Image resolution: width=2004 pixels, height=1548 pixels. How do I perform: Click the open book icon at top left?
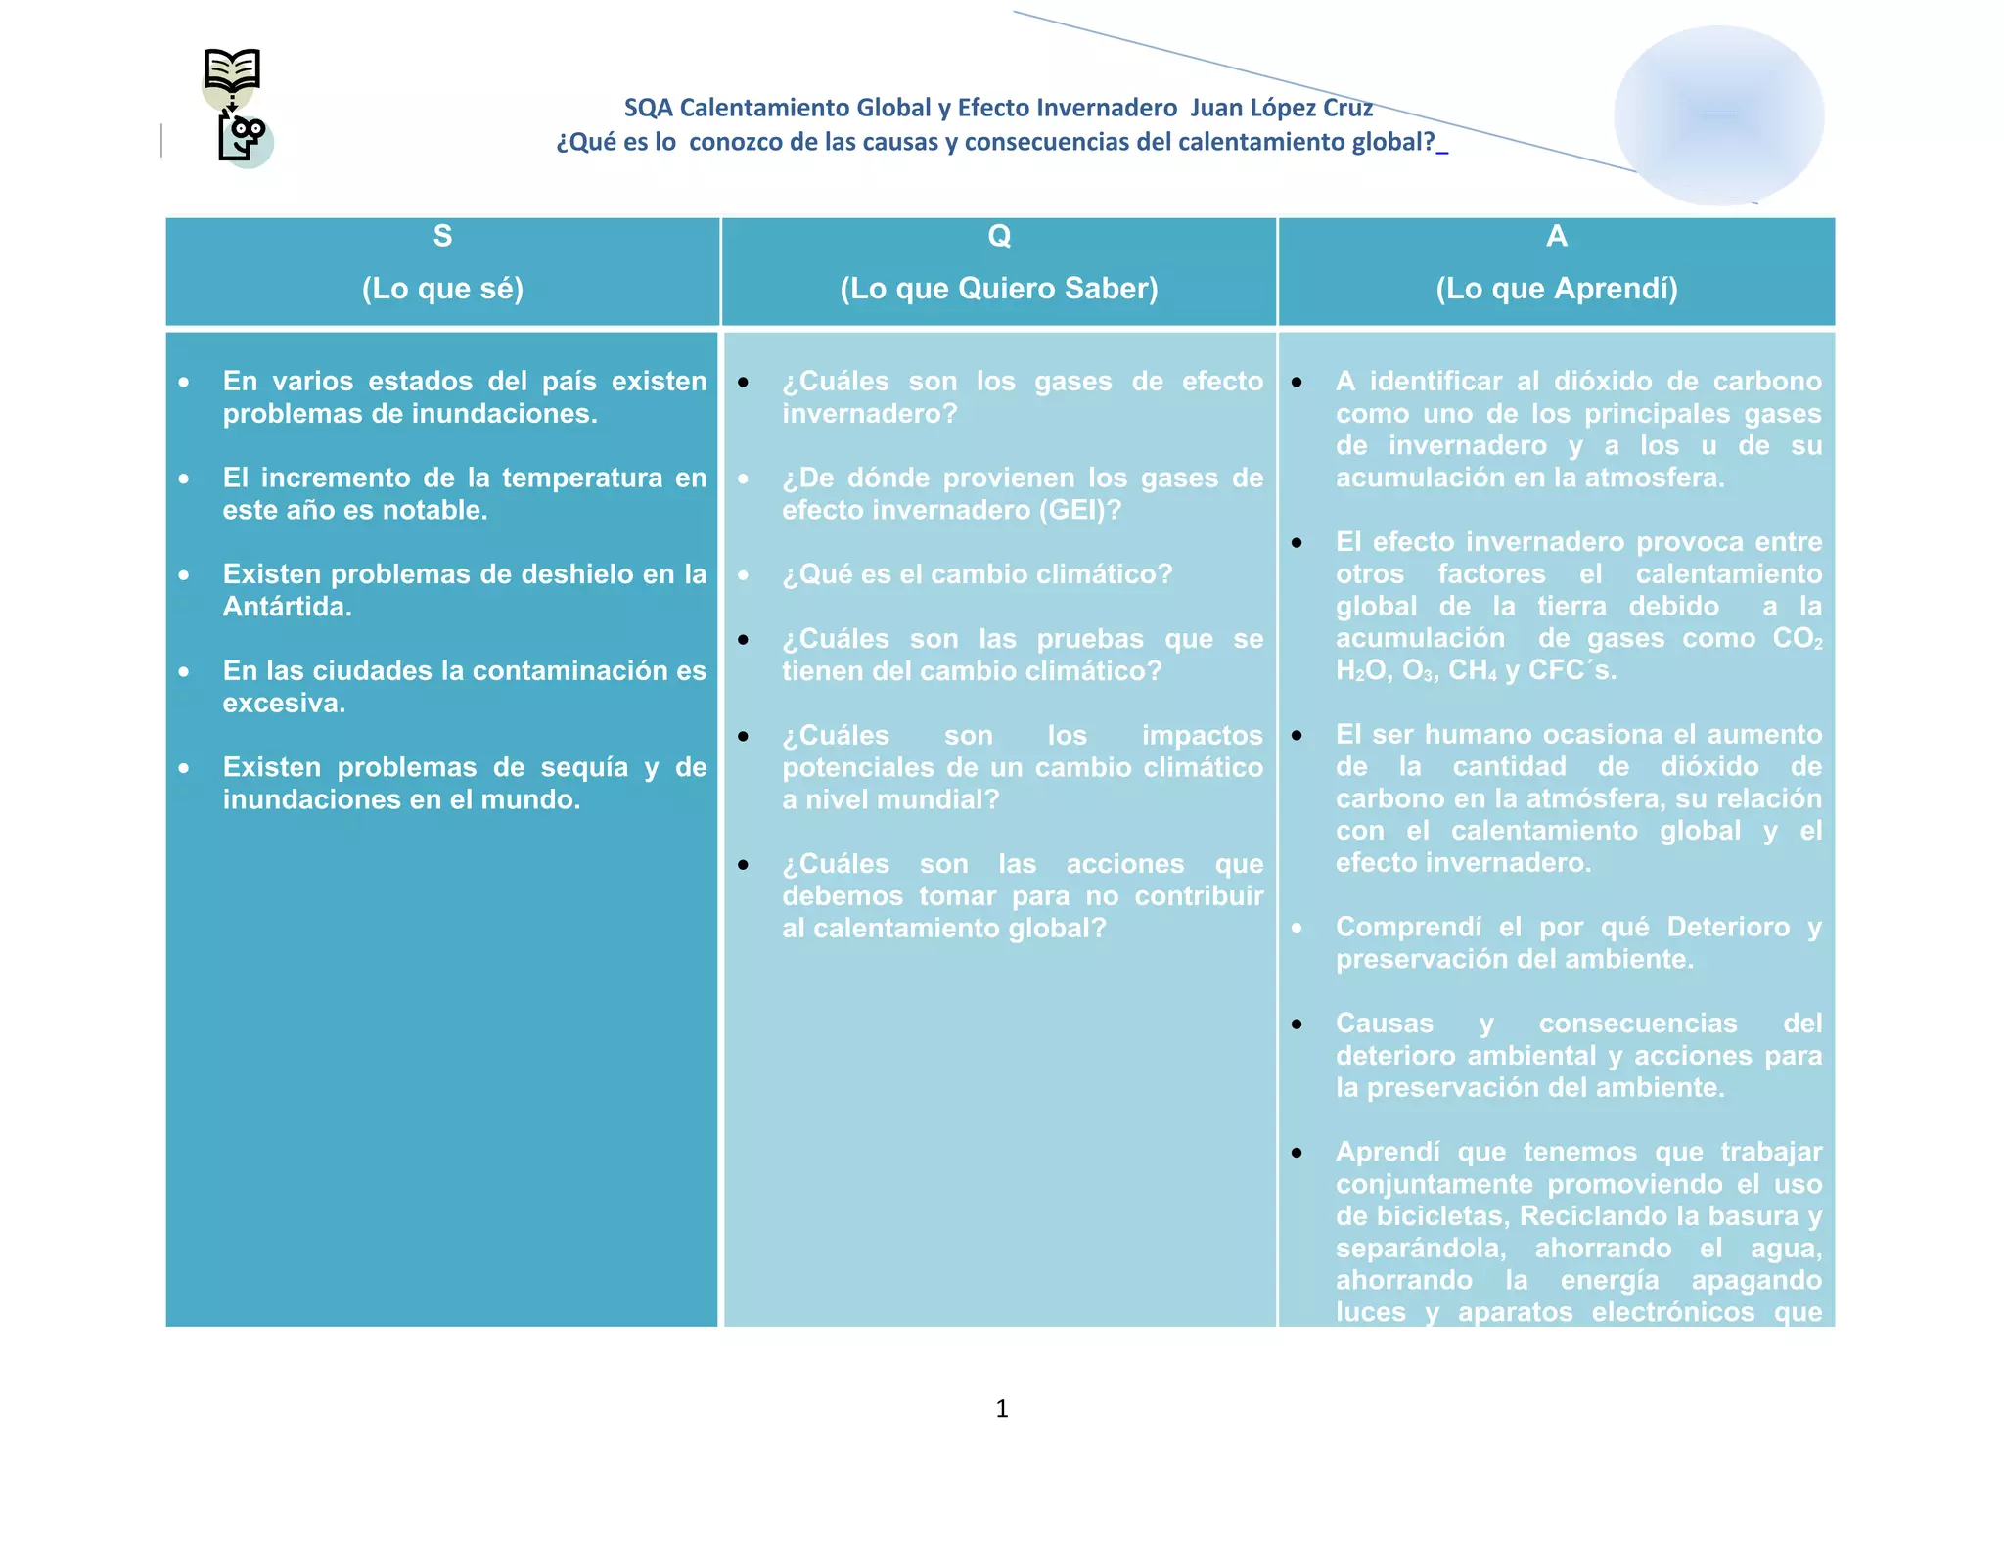(x=232, y=70)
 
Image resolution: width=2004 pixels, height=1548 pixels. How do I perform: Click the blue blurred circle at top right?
(x=1718, y=115)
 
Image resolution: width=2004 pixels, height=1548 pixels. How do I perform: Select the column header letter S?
(x=442, y=237)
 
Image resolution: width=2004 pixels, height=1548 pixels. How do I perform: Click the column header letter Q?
(x=999, y=237)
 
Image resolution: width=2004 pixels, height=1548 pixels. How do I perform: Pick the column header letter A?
(x=1556, y=237)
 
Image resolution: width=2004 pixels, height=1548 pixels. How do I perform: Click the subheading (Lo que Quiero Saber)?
(x=999, y=289)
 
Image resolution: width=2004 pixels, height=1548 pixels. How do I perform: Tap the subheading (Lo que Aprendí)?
(x=1556, y=289)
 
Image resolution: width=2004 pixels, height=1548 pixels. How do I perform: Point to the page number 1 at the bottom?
(x=1001, y=1408)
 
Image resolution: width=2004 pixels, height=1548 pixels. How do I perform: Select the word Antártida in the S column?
(x=287, y=607)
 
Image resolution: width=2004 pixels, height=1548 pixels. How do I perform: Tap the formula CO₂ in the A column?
(x=1798, y=639)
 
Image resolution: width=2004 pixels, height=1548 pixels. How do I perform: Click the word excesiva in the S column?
(x=284, y=703)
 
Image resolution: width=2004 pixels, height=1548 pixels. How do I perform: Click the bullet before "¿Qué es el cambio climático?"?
(x=744, y=575)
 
